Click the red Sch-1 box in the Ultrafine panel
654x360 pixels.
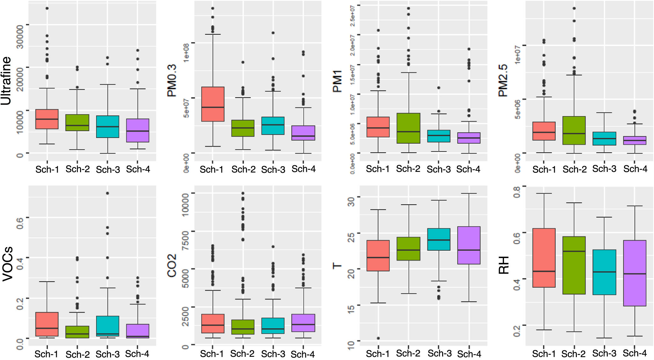pos(47,119)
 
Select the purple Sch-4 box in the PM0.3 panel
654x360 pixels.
pos(303,133)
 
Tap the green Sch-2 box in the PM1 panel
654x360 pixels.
pos(408,128)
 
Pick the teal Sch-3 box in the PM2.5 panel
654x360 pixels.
pos(604,138)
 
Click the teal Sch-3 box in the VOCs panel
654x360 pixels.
pos(108,326)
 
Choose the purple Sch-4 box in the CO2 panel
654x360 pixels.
pos(303,323)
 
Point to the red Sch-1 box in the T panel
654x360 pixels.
pos(378,255)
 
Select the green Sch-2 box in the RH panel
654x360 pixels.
pos(574,265)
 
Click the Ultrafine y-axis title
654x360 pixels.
pos(6,81)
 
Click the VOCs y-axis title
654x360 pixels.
pos(8,264)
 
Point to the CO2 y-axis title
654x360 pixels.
pos(172,265)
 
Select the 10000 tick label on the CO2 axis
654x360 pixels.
pos(185,204)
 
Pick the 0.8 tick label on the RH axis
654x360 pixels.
pos(517,192)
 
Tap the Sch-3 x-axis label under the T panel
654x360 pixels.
pos(439,353)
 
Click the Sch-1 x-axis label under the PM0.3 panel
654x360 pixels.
pos(211,170)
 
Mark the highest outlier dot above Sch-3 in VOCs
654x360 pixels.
pos(108,193)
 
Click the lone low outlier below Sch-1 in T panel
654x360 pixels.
pos(378,338)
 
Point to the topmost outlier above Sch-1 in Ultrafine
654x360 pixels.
pos(47,8)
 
